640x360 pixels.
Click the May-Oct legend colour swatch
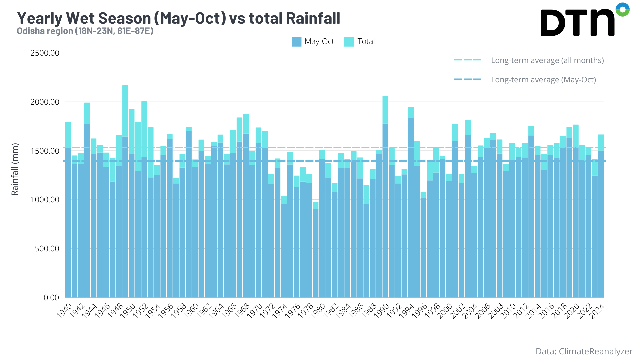tap(296, 42)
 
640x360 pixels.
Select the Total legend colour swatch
tap(349, 42)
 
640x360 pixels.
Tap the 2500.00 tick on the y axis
tap(45, 53)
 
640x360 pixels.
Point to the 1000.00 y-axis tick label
tap(45, 200)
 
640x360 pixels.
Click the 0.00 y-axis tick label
tap(51, 297)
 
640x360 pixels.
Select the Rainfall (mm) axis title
tap(15, 169)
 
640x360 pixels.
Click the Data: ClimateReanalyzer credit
tap(584, 351)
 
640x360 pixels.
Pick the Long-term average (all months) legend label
tap(547, 60)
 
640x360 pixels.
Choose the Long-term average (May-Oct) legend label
tap(543, 80)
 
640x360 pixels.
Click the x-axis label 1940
tap(64, 311)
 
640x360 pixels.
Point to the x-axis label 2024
tap(597, 311)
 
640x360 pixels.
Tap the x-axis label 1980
tap(318, 311)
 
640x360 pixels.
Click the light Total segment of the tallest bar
tap(125, 110)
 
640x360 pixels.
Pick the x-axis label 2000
tap(445, 311)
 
